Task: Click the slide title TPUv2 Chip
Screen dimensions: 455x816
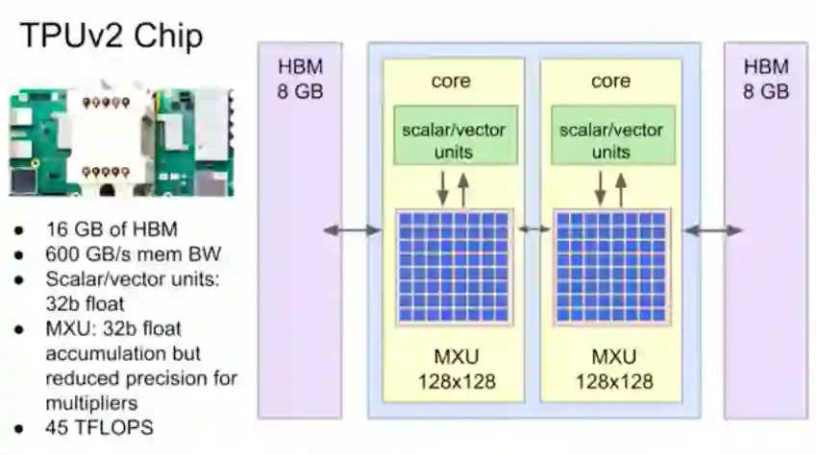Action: click(x=111, y=37)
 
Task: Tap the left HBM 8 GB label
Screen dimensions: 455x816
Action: click(x=300, y=79)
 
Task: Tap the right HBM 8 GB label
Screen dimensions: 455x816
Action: click(x=766, y=79)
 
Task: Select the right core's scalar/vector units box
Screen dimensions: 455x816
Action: click(x=610, y=140)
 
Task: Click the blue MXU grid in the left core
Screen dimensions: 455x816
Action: click(x=454, y=267)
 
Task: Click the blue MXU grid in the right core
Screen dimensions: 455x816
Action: click(x=611, y=267)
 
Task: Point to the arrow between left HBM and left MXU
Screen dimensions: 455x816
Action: click(x=352, y=229)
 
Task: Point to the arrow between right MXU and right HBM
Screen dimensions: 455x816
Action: click(x=713, y=229)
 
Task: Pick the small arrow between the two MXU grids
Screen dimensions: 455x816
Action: click(x=533, y=229)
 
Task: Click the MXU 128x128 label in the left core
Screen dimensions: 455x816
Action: click(x=455, y=369)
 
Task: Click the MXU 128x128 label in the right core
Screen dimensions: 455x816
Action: click(x=612, y=369)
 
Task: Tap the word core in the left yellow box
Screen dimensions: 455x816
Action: click(x=451, y=82)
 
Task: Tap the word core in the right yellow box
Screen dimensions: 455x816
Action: click(x=610, y=82)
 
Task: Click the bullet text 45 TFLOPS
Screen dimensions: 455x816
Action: click(x=99, y=426)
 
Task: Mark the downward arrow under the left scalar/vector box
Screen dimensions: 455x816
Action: click(x=442, y=188)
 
